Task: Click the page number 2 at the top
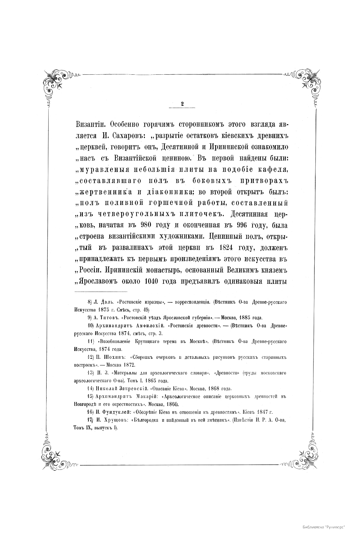[182, 103]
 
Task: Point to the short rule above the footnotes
[101, 292]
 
